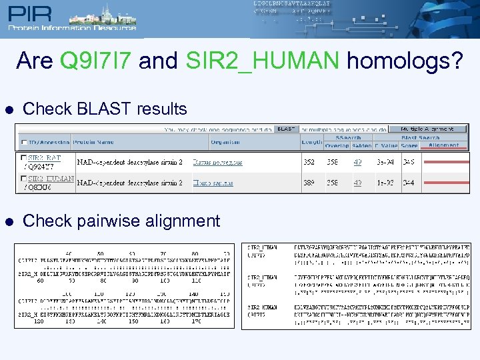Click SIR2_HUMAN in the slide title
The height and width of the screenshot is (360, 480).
pyautogui.click(x=263, y=61)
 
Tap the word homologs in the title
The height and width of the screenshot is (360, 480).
pyautogui.click(x=403, y=61)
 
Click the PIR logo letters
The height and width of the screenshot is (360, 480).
pyautogui.click(x=33, y=14)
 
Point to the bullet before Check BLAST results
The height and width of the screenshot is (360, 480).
pyautogui.click(x=7, y=109)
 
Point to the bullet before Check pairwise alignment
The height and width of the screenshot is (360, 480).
pyautogui.click(x=7, y=221)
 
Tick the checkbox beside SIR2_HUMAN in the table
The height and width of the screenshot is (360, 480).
pyautogui.click(x=23, y=179)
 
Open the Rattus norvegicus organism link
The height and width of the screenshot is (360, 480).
pyautogui.click(x=217, y=162)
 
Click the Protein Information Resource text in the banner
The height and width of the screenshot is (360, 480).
pyautogui.click(x=72, y=27)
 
